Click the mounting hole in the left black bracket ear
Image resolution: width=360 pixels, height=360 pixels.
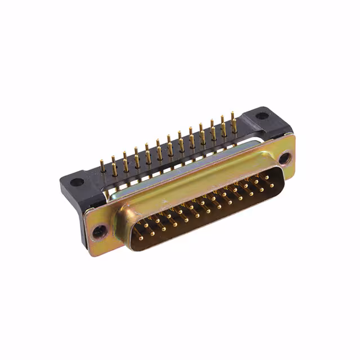pyautogui.click(x=77, y=182)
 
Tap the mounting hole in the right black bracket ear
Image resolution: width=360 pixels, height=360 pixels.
pyautogui.click(x=262, y=116)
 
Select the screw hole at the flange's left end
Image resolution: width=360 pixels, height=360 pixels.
pyautogui.click(x=100, y=229)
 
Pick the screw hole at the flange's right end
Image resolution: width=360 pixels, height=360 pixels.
pyautogui.click(x=285, y=159)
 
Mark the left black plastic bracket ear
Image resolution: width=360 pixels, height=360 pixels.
pyautogui.click(x=76, y=186)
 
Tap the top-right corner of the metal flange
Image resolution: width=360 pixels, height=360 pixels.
pyautogui.click(x=291, y=135)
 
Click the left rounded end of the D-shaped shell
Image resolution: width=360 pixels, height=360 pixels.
pyautogui.click(x=125, y=231)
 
